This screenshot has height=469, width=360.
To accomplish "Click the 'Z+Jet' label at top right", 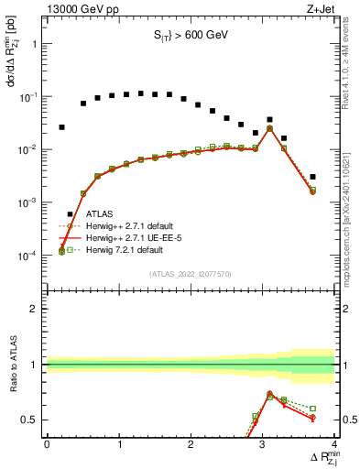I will click(319, 8).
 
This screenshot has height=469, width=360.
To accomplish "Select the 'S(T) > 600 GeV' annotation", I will click(189, 37).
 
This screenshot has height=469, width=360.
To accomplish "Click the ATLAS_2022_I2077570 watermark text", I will click(191, 274).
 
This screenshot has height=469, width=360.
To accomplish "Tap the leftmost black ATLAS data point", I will click(61, 127).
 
